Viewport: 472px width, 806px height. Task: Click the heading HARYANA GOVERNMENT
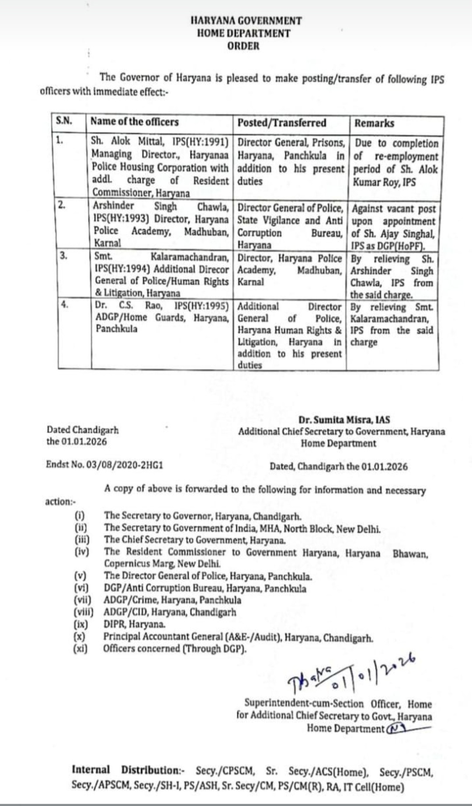click(x=246, y=21)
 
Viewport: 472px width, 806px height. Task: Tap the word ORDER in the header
click(x=243, y=46)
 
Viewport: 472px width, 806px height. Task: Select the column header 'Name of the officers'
click(x=135, y=122)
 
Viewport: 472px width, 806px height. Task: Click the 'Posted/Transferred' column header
click(x=282, y=123)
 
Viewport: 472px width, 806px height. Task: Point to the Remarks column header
click(x=375, y=123)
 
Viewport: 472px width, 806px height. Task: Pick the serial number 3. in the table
click(x=64, y=256)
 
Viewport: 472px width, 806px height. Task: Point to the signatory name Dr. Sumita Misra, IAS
click(x=345, y=420)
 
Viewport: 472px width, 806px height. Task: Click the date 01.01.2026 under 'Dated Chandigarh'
click(x=84, y=441)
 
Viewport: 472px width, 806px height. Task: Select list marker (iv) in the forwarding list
click(x=81, y=552)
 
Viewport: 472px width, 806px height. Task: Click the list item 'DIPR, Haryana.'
click(x=135, y=624)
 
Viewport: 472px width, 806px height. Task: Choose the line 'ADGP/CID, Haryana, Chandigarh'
click(x=170, y=612)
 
